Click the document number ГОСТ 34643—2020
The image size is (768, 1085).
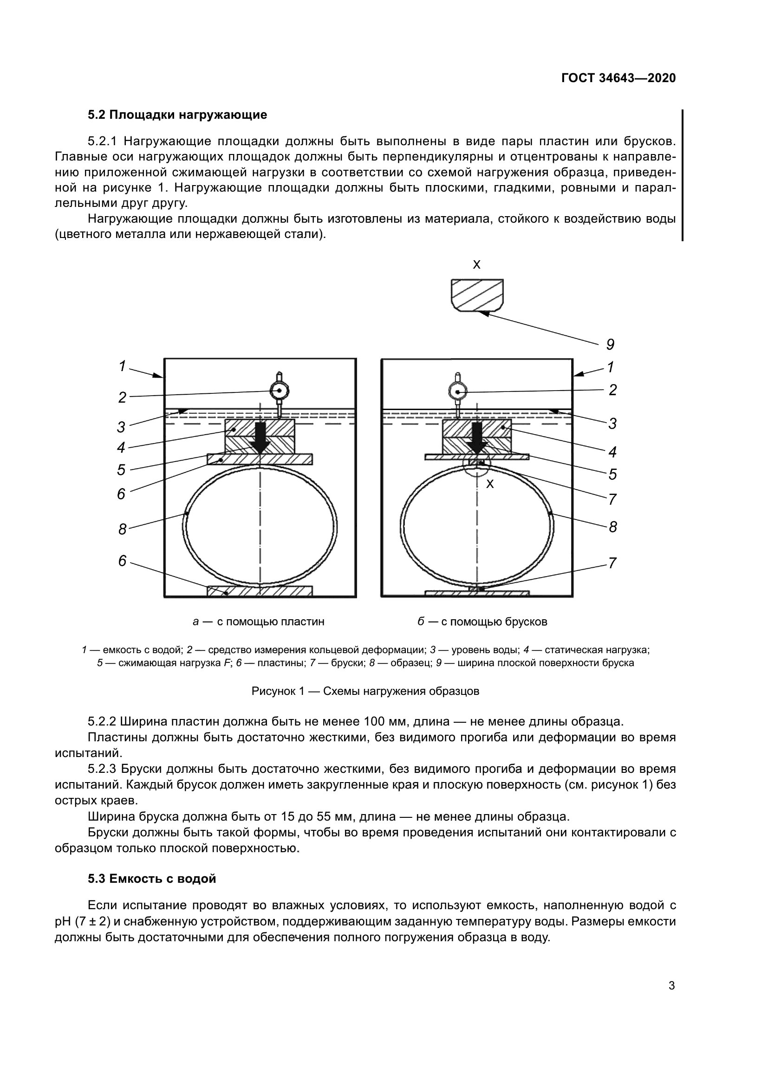coord(618,78)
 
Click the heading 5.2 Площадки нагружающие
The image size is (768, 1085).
coord(177,115)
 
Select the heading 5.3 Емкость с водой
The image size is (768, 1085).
coord(152,879)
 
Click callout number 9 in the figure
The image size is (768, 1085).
coord(610,345)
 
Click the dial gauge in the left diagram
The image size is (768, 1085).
coord(279,390)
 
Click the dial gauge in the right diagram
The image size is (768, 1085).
coord(457,390)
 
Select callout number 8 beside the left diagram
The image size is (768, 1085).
coord(123,529)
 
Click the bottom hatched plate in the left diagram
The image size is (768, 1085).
coord(260,591)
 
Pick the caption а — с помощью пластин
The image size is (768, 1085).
coord(259,622)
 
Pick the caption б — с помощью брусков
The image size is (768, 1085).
coord(482,622)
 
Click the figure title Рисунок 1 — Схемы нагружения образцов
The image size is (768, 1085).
coord(365,691)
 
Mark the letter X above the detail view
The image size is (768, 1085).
coord(477,264)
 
